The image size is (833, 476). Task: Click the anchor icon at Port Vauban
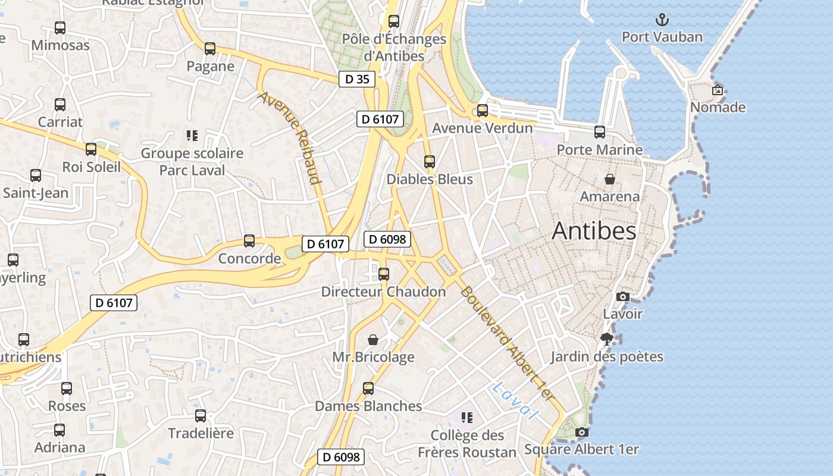[662, 20]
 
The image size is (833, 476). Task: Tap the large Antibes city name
[594, 231]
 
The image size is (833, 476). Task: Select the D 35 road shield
[357, 79]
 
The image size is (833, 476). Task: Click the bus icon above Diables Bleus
[429, 161]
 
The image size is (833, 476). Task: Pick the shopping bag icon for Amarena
[609, 178]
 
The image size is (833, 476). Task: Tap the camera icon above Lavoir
[622, 296]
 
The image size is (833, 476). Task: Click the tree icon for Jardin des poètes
[607, 339]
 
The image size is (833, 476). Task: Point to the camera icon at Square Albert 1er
[582, 433]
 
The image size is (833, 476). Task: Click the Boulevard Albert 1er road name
[507, 343]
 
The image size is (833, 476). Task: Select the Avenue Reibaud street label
[290, 137]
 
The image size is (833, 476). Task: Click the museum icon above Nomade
[718, 90]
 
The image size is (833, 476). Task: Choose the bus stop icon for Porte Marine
[600, 132]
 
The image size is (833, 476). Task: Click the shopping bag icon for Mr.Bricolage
[372, 340]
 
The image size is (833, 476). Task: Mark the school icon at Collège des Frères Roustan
[467, 418]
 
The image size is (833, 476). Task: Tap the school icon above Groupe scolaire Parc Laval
[192, 136]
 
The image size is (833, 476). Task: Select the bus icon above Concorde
[249, 241]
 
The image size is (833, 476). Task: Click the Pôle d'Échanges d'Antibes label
[394, 48]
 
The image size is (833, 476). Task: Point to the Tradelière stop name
[201, 433]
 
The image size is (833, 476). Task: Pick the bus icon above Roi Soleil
[91, 149]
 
